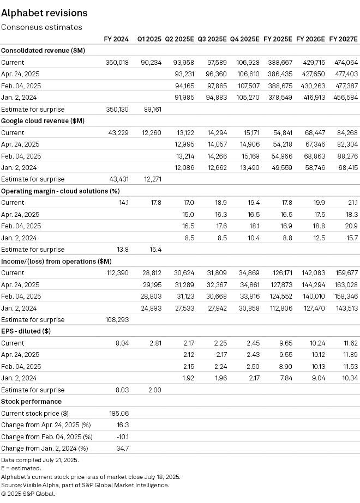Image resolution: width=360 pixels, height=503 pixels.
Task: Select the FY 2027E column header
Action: click(x=343, y=39)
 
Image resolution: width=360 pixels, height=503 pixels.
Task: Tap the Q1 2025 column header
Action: click(x=149, y=39)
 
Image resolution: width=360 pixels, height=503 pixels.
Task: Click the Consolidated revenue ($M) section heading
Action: click(x=43, y=51)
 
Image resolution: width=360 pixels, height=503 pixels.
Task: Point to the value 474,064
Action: click(x=345, y=63)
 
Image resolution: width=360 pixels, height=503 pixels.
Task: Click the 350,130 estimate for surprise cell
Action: click(x=117, y=109)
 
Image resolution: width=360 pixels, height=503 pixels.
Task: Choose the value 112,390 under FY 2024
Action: click(x=117, y=272)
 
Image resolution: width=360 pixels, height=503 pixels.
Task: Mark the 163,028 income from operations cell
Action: click(x=345, y=284)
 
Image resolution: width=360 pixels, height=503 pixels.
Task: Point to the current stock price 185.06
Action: click(x=119, y=413)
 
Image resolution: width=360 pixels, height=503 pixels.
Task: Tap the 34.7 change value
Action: click(x=123, y=448)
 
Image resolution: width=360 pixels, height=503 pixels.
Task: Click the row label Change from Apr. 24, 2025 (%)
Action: click(x=45, y=425)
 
